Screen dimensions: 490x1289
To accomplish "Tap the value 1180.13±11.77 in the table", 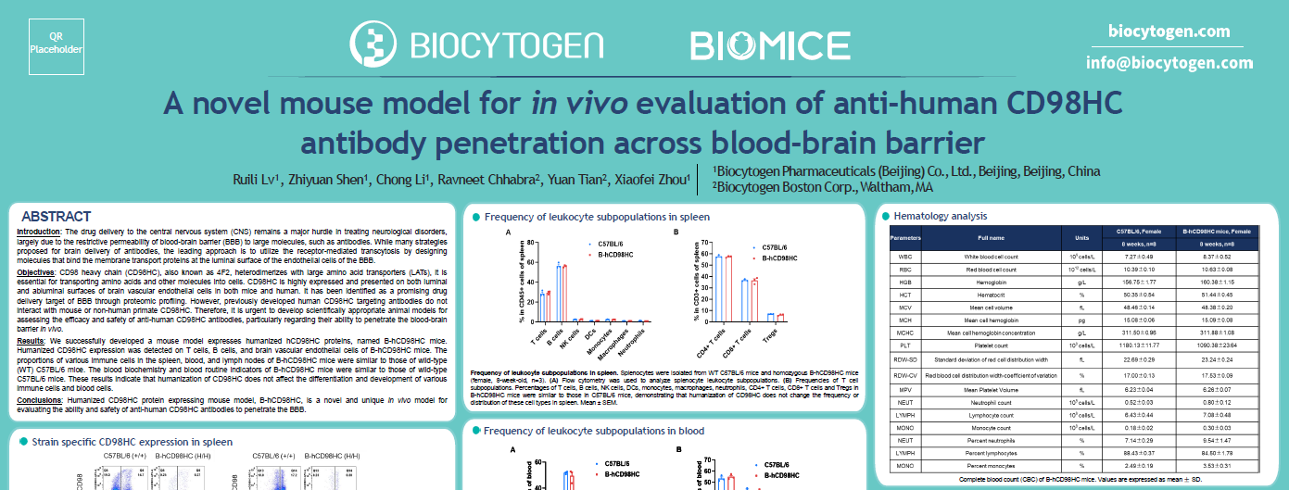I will [x=1139, y=345].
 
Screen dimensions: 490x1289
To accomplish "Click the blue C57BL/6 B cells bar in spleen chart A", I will [x=558, y=293].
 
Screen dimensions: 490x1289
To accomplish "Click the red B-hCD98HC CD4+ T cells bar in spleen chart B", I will [x=727, y=289].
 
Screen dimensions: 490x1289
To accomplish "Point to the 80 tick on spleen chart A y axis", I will [x=527, y=242].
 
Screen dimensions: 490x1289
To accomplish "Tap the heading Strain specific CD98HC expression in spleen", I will [x=125, y=442].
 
